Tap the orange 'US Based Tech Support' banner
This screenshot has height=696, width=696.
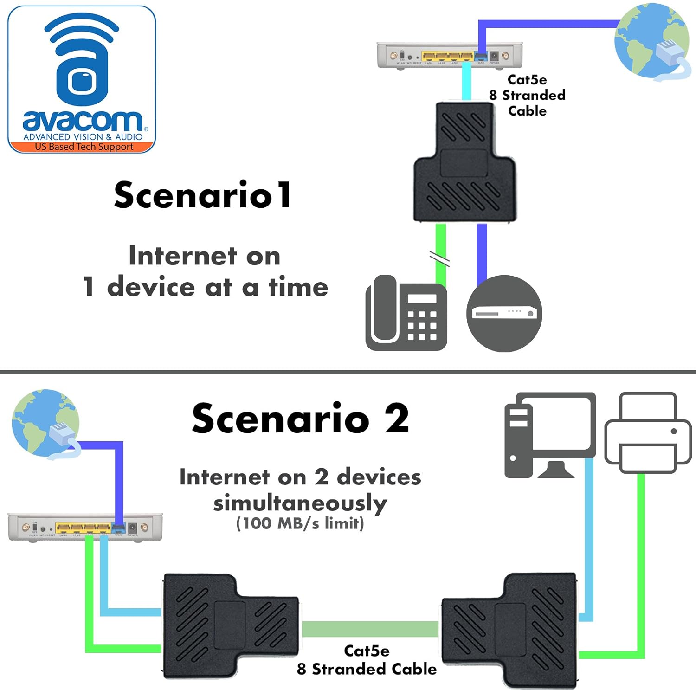tap(84, 147)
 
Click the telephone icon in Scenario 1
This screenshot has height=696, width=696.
tap(406, 313)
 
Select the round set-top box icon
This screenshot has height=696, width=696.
tap(504, 314)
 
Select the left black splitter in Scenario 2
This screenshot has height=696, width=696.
tap(230, 626)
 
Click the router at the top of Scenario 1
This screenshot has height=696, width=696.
tap(449, 55)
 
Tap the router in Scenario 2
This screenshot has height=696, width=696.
tap(85, 527)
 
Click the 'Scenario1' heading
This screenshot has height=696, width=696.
tap(203, 195)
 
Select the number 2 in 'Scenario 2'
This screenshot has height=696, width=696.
tap(397, 419)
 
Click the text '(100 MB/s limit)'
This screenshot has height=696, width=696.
tap(300, 523)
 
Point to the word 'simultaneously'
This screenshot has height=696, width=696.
tap(300, 503)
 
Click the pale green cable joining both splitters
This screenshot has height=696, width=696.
tap(370, 629)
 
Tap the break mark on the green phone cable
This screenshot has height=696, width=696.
tap(439, 259)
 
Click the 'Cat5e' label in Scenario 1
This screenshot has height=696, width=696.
tap(527, 80)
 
